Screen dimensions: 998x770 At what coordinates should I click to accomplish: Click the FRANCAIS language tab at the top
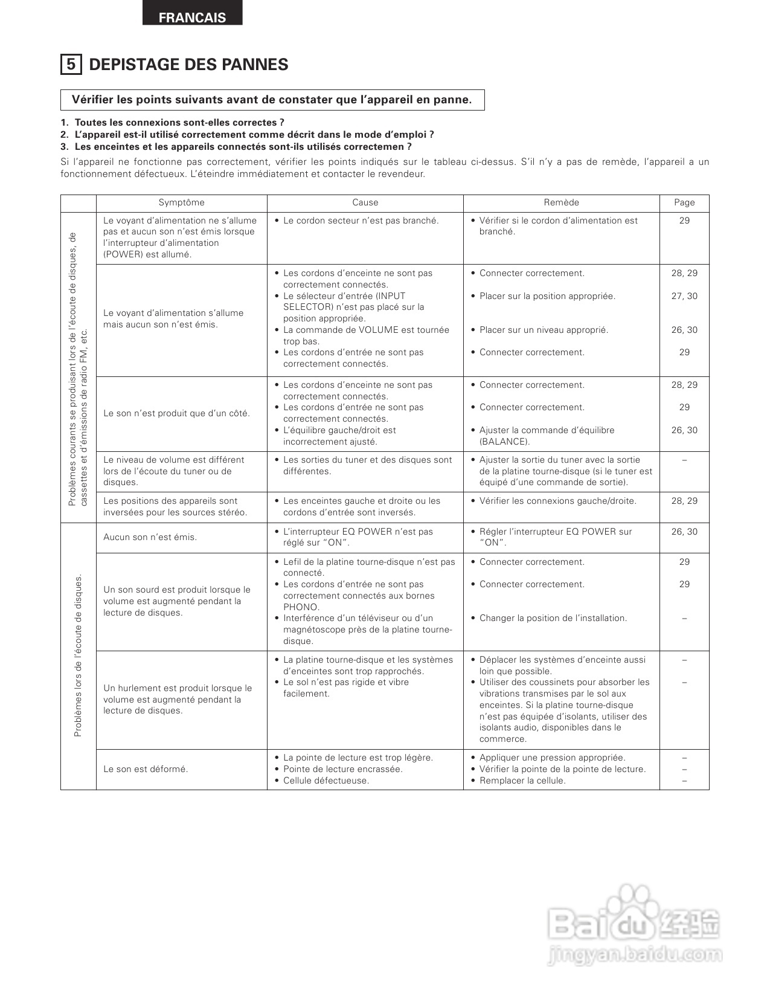192,18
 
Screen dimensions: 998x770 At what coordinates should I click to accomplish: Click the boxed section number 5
71,64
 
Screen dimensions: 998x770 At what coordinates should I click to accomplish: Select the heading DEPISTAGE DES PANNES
188,65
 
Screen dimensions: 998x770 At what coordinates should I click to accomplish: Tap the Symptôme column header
181,202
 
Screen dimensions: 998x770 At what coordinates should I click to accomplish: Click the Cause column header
365,202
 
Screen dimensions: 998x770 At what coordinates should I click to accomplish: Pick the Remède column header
561,202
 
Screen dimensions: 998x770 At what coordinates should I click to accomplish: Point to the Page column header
684,202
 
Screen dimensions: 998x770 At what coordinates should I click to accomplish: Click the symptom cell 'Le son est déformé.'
146,769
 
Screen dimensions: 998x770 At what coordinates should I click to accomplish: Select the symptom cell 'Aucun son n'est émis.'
150,537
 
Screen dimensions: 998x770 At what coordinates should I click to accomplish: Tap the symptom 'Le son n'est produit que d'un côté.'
176,413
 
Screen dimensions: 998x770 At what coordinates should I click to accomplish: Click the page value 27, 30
684,296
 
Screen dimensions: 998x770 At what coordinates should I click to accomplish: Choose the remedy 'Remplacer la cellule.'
522,781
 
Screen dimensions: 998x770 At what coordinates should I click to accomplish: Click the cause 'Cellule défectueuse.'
326,781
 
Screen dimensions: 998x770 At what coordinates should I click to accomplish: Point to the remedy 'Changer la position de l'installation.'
553,618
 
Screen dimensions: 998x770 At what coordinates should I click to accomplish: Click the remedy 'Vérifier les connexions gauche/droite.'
557,501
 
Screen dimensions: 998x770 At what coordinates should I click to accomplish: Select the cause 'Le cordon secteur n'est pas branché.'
361,221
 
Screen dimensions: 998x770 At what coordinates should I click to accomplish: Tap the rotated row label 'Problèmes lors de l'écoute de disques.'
78,655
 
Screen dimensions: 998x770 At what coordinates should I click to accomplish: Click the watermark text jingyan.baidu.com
634,955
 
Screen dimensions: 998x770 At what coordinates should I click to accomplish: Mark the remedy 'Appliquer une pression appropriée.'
552,758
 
